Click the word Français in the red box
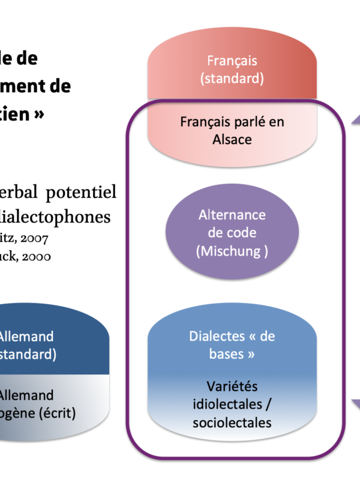pos(232,61)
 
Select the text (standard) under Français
pos(232,78)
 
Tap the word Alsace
pos(232,139)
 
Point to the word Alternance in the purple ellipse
pos(232,215)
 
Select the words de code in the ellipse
pos(232,233)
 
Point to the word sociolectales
pos(232,422)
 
